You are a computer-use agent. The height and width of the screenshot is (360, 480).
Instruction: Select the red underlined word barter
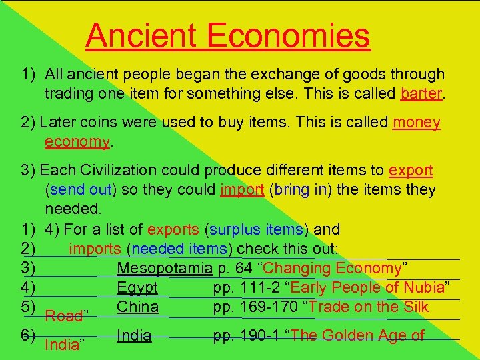[421, 93]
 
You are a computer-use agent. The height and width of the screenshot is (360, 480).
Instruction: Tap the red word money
[417, 123]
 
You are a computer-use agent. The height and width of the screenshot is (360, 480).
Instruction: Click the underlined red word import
[242, 190]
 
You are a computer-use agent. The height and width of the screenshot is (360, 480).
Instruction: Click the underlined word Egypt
[137, 288]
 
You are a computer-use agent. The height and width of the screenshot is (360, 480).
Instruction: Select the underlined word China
[137, 307]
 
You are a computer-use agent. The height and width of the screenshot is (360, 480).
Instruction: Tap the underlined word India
[133, 335]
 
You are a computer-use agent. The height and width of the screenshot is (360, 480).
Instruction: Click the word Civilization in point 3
[127, 171]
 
